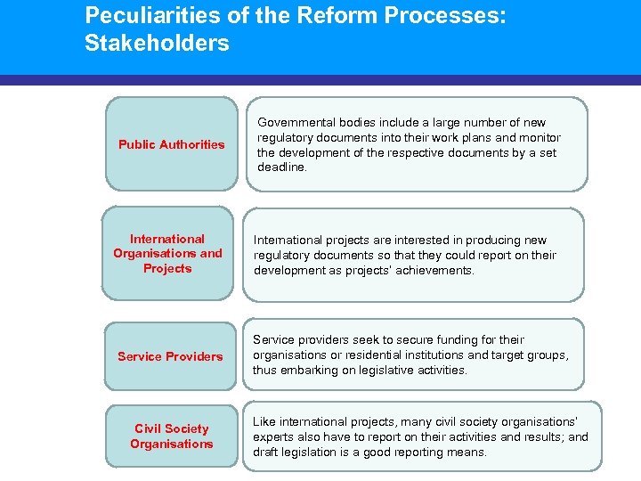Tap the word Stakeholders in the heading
coord(157,43)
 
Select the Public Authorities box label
coord(172,144)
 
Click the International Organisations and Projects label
coord(167,253)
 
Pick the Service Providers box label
coord(170,356)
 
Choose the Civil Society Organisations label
coord(172,436)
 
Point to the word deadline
coord(281,167)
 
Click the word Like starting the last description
coord(264,421)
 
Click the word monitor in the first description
coord(540,137)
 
